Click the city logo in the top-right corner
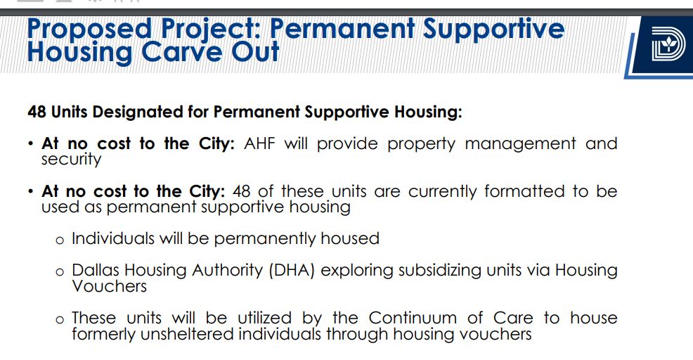[x=668, y=44]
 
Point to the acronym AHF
[x=259, y=143]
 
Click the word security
[x=71, y=159]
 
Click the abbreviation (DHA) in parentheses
[x=292, y=270]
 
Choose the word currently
[x=442, y=192]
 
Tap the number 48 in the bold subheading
[x=37, y=112]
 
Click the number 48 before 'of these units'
[x=241, y=191]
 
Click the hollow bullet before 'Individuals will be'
[x=60, y=240]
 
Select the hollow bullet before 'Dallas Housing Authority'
[x=60, y=272]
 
